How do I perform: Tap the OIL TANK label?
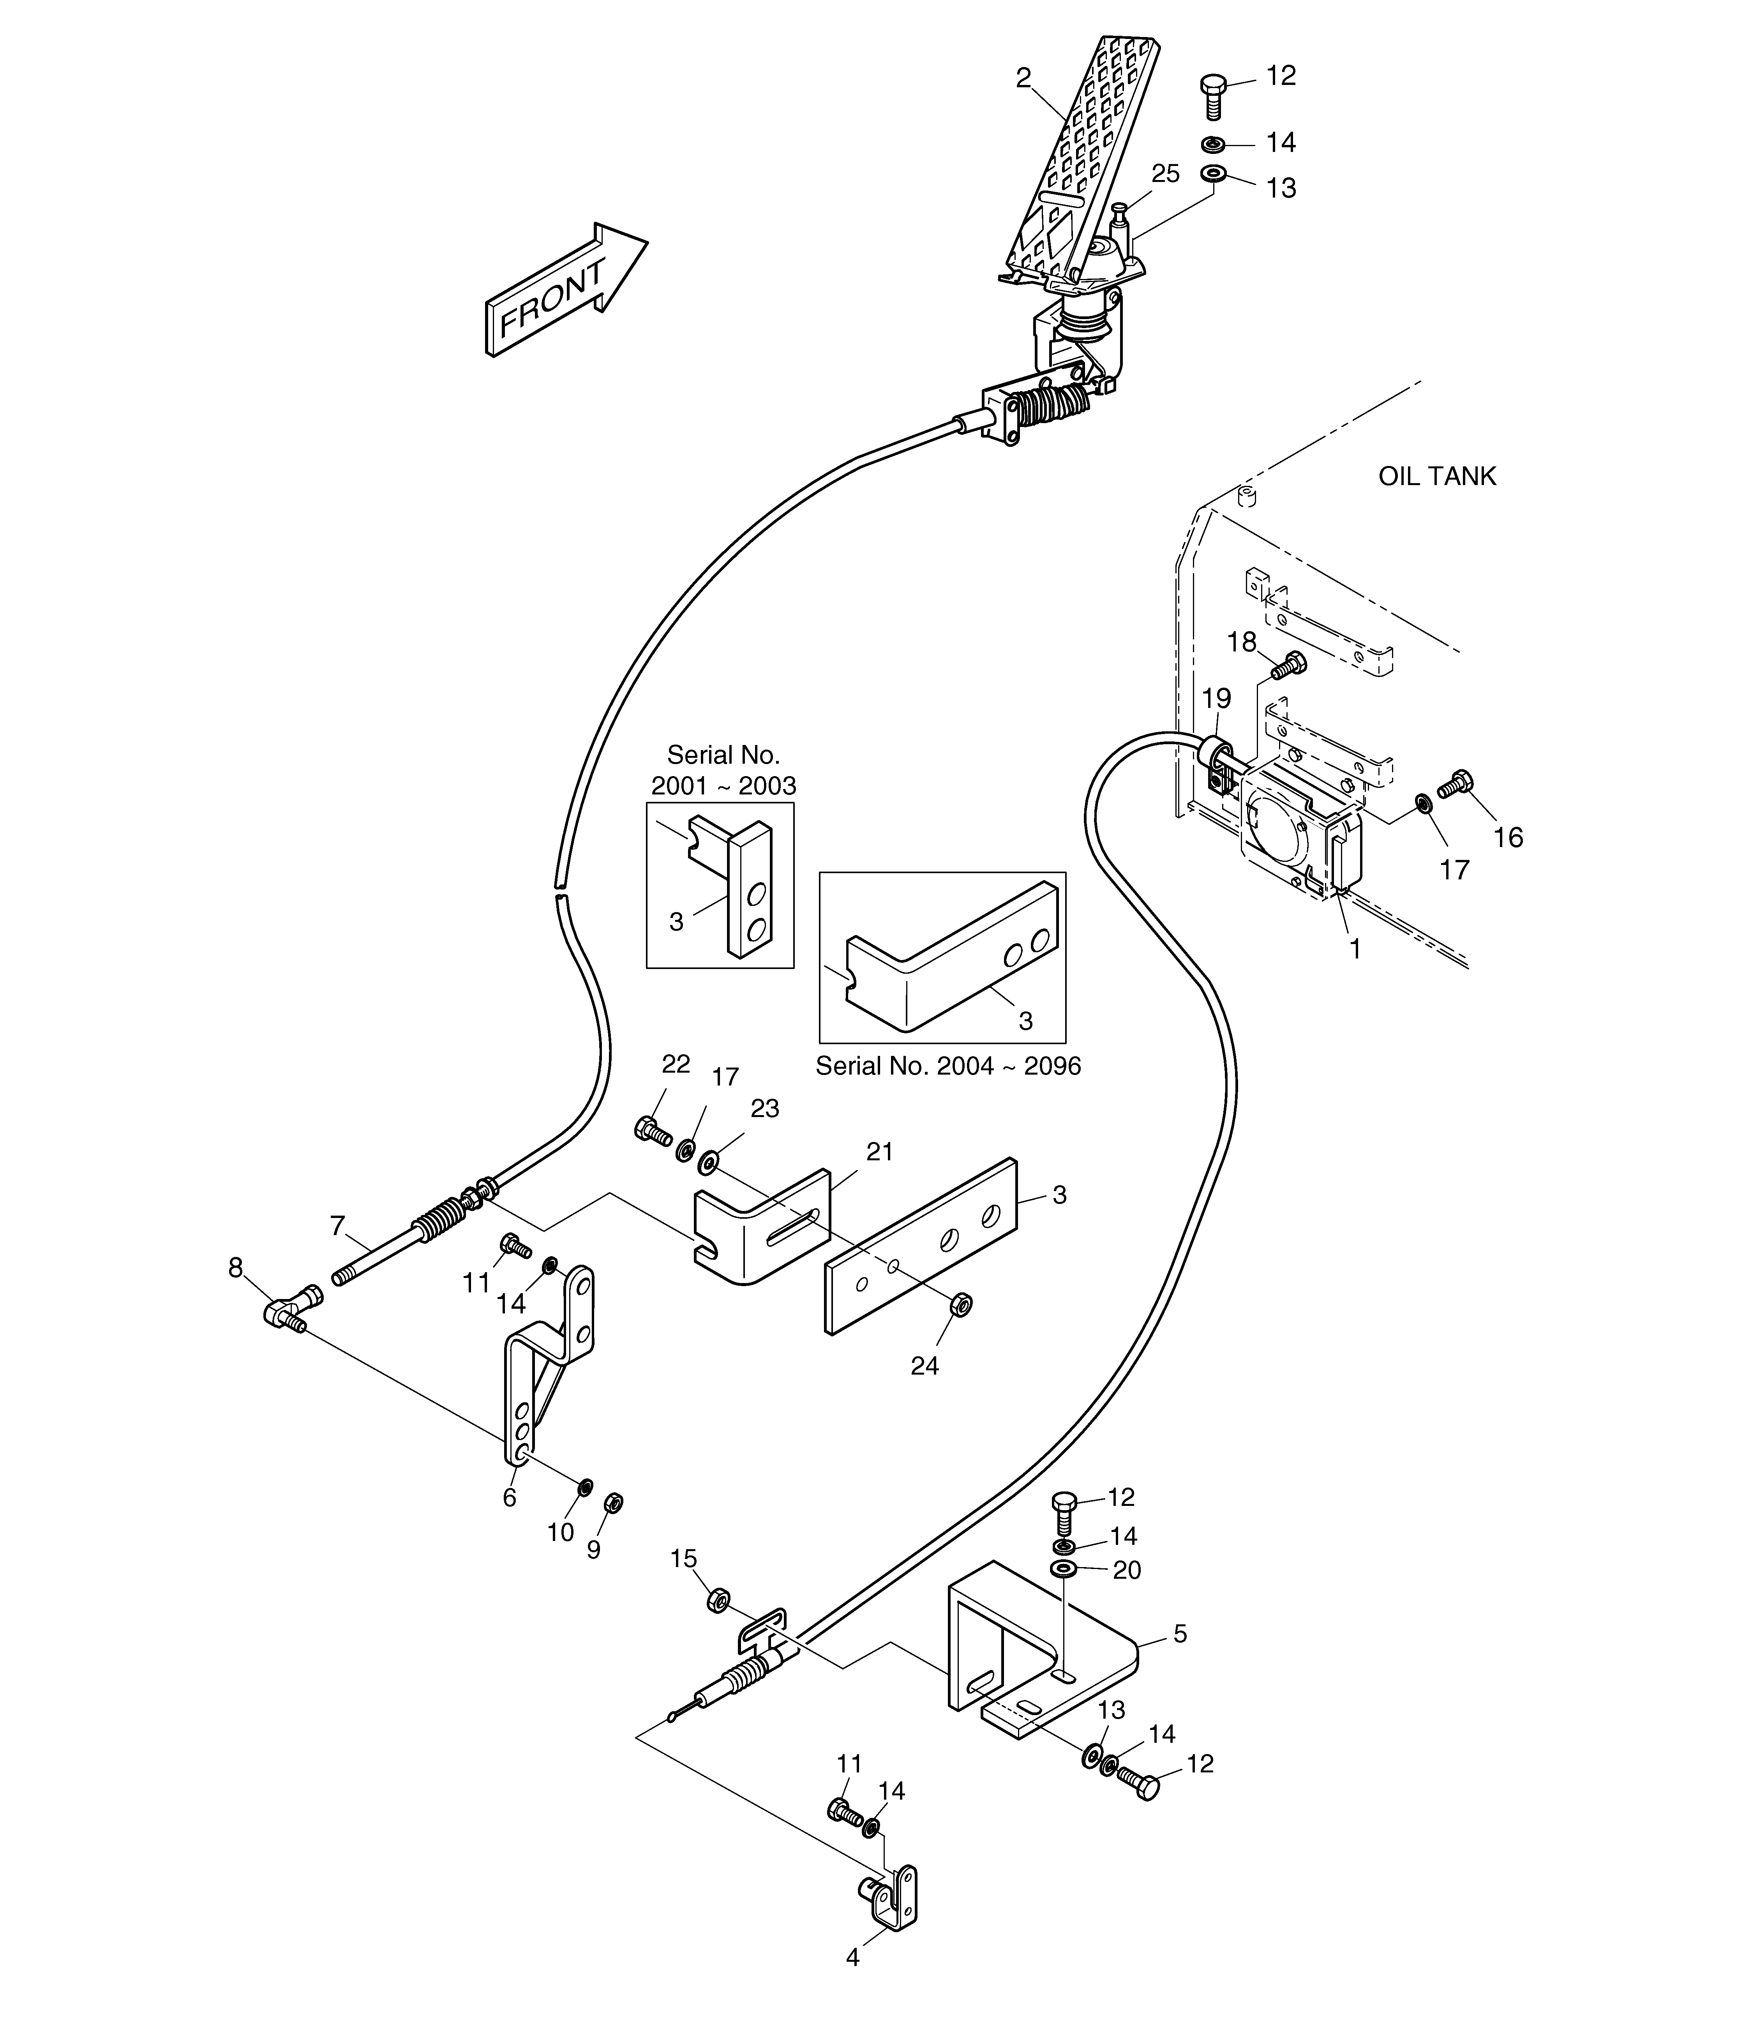[x=1437, y=477]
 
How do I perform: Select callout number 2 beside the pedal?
[x=1024, y=78]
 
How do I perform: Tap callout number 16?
[x=1508, y=837]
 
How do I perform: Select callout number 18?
[x=1242, y=642]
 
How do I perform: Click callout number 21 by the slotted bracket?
[x=880, y=1152]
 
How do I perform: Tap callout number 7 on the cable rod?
[x=338, y=1225]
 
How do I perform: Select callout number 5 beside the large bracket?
[x=1180, y=1634]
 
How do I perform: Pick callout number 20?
[x=1127, y=1570]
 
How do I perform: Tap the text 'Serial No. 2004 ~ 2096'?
[x=948, y=1066]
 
